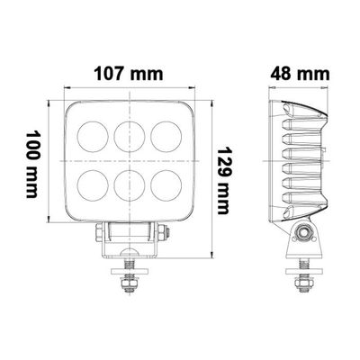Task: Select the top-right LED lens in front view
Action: tap(164, 135)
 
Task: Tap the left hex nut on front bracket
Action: tap(98, 236)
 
